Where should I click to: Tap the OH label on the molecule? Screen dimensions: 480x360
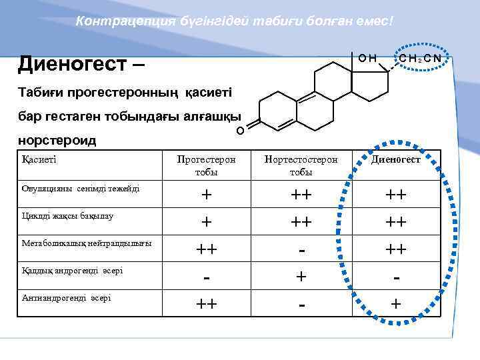pos(367,59)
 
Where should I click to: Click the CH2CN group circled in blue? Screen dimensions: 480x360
pos(419,59)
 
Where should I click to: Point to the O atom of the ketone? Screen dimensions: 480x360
pos(240,129)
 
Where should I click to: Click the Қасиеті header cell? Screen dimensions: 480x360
pos(39,159)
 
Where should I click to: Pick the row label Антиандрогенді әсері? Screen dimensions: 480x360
pos(66,297)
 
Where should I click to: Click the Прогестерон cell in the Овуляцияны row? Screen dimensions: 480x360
pos(207,195)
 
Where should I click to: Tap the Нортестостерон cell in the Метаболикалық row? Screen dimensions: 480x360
pos(301,250)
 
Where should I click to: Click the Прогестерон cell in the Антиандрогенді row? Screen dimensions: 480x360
pos(207,304)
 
